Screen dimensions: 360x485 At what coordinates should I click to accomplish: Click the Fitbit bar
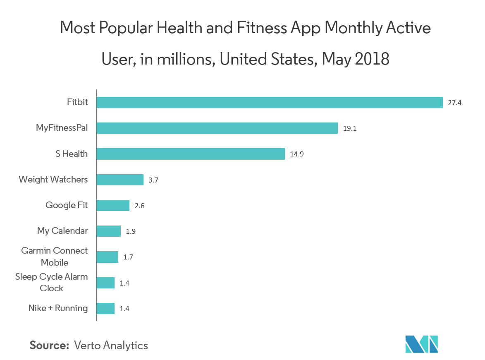[270, 102]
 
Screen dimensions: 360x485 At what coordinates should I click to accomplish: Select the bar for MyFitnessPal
[217, 128]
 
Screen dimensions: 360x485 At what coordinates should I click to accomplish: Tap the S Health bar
[191, 154]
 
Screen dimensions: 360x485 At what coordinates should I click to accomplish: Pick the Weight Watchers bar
[120, 180]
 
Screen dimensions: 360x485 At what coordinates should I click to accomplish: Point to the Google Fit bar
[113, 205]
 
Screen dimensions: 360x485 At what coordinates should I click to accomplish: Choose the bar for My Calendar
[109, 231]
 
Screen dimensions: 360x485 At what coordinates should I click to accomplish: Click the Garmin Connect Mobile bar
[108, 257]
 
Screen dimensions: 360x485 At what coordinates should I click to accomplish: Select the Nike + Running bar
[105, 308]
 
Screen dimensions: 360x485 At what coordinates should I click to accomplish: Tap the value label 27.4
[454, 103]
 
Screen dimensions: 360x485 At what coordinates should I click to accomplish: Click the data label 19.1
[349, 128]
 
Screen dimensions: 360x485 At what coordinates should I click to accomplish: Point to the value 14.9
[296, 154]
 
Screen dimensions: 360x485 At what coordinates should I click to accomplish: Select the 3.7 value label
[153, 180]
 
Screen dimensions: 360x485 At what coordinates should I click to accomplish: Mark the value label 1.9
[131, 231]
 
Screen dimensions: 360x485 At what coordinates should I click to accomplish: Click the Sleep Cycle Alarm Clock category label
[52, 282]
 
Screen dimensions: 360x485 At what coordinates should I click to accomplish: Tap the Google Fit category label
[67, 205]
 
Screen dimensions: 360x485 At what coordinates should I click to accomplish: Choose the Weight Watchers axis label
[53, 179]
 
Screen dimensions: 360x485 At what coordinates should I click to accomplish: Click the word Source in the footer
[49, 346]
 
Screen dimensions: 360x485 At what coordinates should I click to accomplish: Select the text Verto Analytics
[111, 346]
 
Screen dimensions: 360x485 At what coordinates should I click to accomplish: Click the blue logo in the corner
[421, 343]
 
